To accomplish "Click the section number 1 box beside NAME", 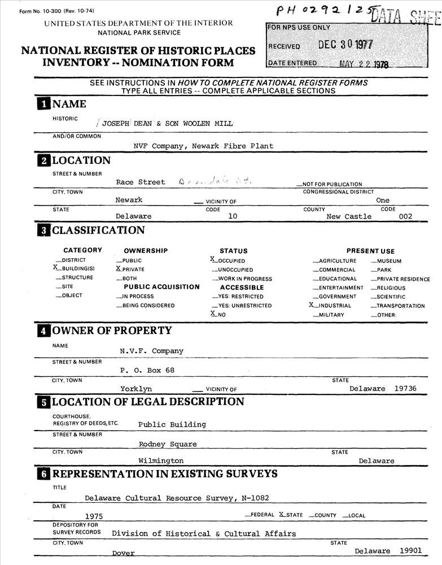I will [43, 104].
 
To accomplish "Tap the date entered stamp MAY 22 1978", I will [364, 64].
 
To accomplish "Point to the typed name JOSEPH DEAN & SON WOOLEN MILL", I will [167, 123].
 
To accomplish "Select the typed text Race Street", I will [141, 182].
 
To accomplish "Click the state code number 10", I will [233, 216].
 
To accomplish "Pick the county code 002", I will [405, 216].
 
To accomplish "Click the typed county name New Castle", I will [349, 216].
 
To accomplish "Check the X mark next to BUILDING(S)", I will [56, 268].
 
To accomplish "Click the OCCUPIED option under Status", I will [231, 261].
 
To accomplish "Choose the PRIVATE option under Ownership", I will [133, 270].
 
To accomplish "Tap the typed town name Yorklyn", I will [136, 389].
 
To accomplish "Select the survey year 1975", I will [94, 516].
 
